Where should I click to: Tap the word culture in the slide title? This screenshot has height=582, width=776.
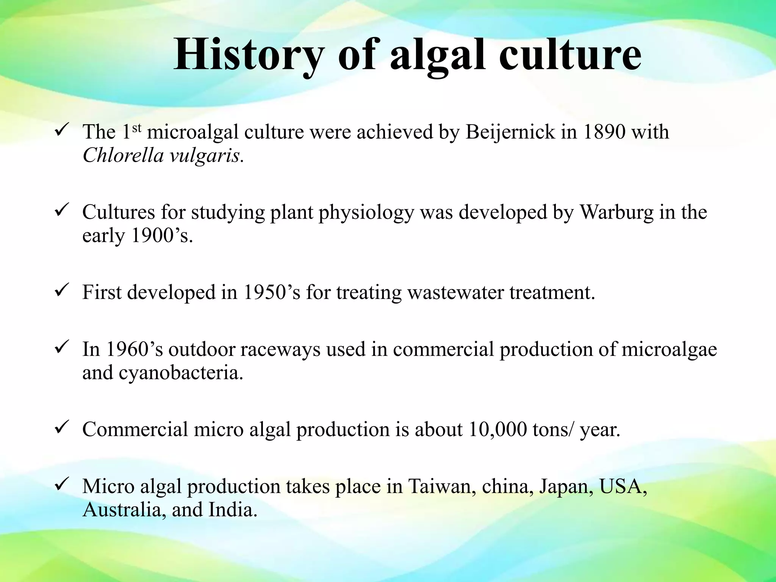[x=570, y=56]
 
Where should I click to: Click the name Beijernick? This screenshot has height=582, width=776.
[x=510, y=132]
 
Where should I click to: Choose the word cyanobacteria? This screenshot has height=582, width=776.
[x=180, y=373]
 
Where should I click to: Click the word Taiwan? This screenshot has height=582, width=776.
[x=442, y=487]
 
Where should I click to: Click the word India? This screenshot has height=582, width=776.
[x=233, y=510]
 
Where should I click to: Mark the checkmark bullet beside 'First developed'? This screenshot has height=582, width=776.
[x=61, y=291]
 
